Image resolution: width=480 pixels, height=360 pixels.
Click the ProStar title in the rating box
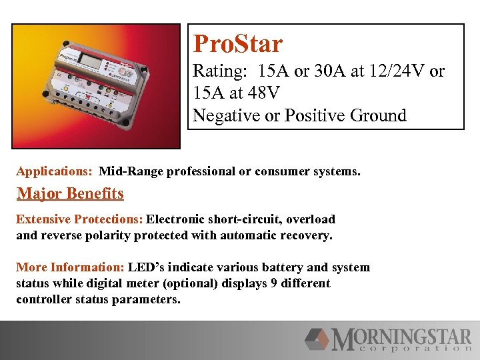[x=237, y=45]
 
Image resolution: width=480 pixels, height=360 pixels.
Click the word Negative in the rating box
[x=226, y=115]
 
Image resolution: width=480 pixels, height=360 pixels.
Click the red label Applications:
[x=54, y=171]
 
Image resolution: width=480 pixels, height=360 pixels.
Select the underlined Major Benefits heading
[x=70, y=194]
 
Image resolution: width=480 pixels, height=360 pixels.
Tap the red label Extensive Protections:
[x=79, y=219]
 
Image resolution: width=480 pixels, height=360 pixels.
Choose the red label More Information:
[x=70, y=267]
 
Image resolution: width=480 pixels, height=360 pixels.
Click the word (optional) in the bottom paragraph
[x=225, y=283]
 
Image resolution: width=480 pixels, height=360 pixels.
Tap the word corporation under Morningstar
[x=409, y=348]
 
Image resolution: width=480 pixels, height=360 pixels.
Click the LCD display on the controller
[x=89, y=59]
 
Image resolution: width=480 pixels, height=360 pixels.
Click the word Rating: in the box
[x=217, y=71]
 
